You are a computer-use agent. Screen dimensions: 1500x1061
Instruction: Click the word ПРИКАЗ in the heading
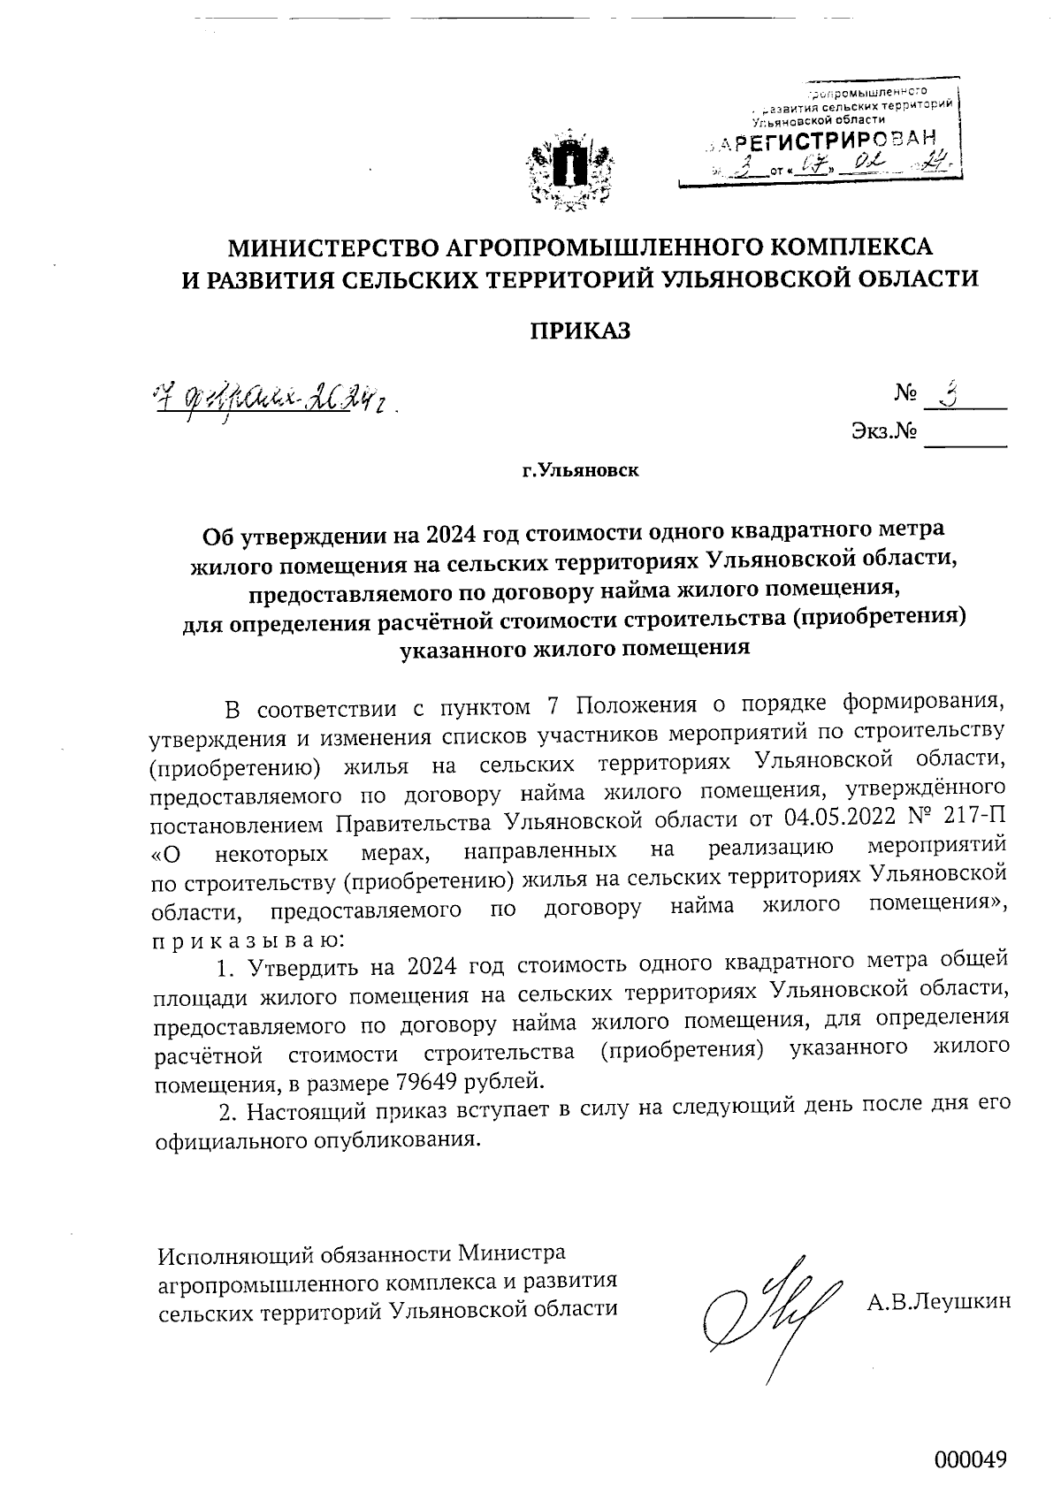tap(580, 331)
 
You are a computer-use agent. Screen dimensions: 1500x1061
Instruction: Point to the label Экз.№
tap(882, 432)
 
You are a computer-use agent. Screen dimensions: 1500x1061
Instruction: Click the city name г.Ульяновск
tap(580, 470)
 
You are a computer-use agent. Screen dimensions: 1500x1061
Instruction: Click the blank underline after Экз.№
tap(966, 442)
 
